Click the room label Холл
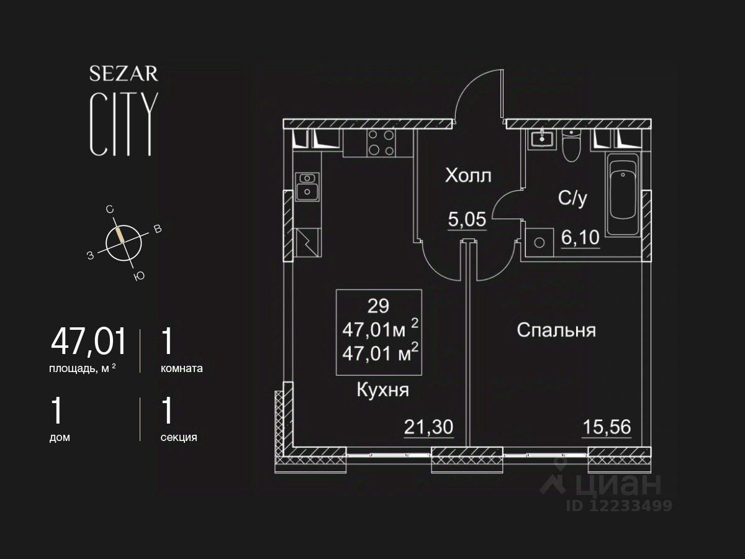tap(468, 176)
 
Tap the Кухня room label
tap(383, 390)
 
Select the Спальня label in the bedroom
tap(556, 330)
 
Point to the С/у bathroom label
tap(572, 198)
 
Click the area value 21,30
tap(428, 427)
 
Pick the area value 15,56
tap(607, 427)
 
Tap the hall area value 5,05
tap(467, 219)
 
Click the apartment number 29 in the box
tap(378, 306)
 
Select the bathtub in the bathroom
tap(623, 194)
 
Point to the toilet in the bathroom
tap(571, 145)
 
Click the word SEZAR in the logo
tap(124, 74)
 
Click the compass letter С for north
tap(110, 211)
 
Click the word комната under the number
tap(181, 368)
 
